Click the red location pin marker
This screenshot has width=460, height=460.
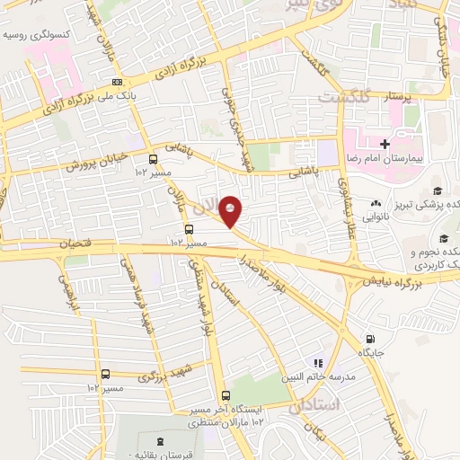click(x=231, y=211)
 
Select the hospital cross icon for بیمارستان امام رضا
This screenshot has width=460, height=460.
click(x=385, y=144)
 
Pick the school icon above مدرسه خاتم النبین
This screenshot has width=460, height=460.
click(x=316, y=363)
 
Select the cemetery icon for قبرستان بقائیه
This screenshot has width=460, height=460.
click(x=160, y=441)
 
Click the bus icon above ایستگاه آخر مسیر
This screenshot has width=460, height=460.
click(x=224, y=394)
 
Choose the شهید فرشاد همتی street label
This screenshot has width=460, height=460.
click(x=135, y=296)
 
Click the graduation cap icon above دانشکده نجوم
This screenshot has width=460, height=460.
click(x=444, y=238)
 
